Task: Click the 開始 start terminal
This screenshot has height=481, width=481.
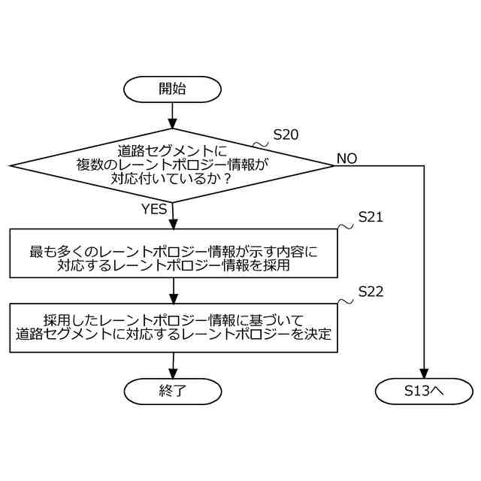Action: (x=172, y=89)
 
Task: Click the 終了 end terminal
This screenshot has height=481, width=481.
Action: (x=172, y=391)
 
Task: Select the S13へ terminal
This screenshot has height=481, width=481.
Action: (x=424, y=391)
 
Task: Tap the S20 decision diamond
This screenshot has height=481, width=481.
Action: (x=172, y=165)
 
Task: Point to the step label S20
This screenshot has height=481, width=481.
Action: (x=286, y=135)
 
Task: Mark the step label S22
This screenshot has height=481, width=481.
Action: (x=371, y=292)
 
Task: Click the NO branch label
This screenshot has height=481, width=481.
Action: (x=346, y=159)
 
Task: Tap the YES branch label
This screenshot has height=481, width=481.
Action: (x=153, y=210)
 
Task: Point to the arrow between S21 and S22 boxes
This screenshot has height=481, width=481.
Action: (x=172, y=290)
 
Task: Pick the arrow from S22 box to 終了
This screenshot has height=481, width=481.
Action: (x=172, y=365)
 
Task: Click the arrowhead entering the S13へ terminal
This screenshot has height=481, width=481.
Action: (x=424, y=374)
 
